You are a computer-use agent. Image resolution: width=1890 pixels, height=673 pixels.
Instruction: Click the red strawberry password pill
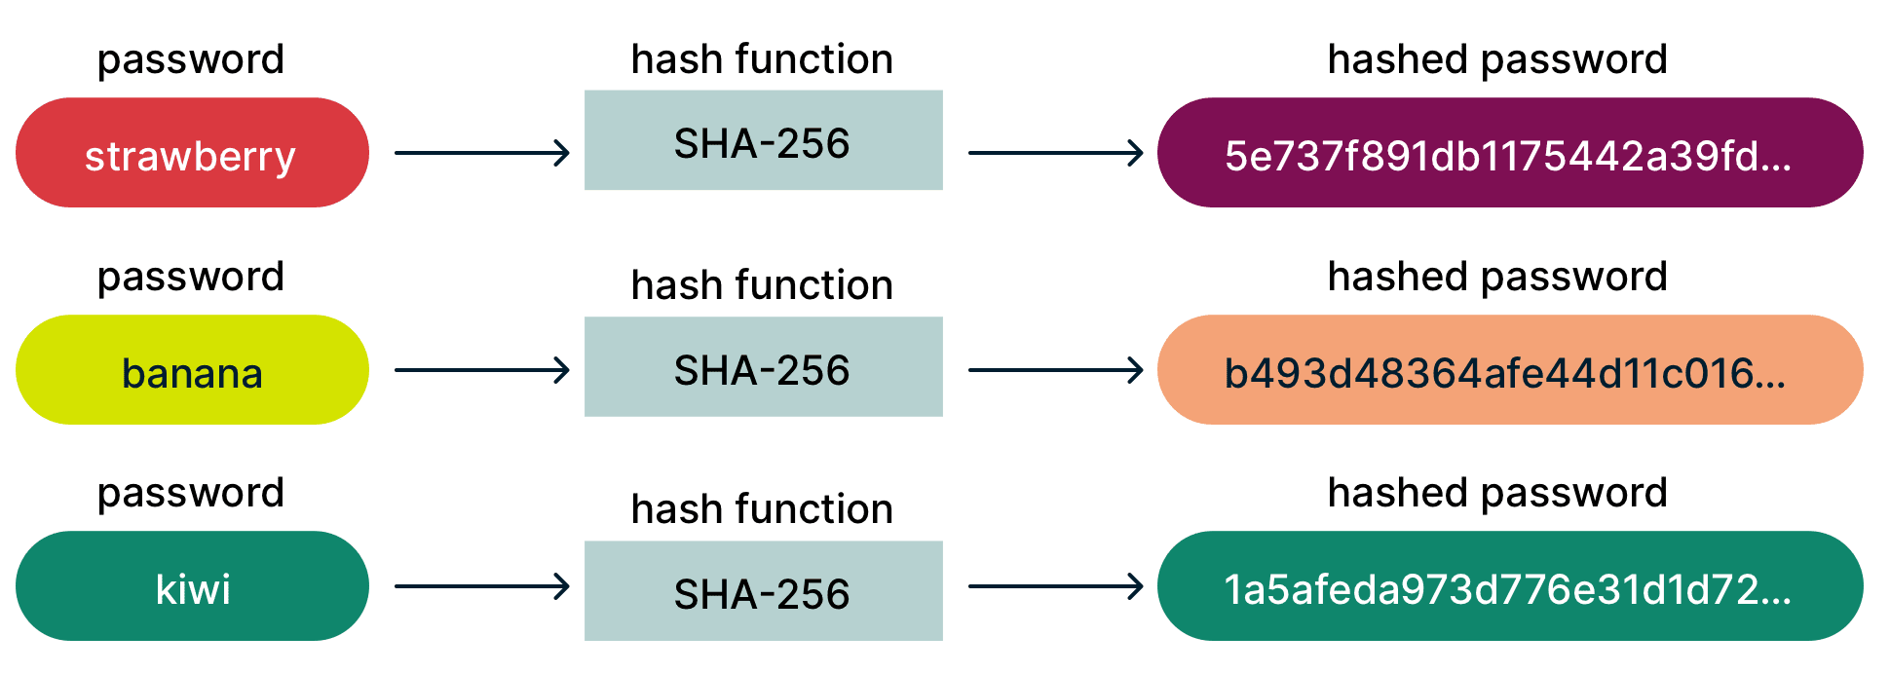tap(192, 153)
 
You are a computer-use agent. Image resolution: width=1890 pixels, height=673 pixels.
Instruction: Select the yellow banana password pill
tap(192, 370)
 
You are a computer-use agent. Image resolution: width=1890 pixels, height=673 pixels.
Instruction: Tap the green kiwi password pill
tap(192, 586)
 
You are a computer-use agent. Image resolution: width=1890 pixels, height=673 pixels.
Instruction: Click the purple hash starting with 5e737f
tap(1509, 153)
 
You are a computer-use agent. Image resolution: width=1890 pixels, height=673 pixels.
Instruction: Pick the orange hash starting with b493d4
tap(1509, 370)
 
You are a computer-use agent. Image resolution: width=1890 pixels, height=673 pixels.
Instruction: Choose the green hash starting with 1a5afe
tap(1509, 586)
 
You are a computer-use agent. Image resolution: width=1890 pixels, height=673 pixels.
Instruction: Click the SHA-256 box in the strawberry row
tap(763, 141)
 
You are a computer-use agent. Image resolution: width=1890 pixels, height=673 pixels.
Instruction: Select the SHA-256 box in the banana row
tap(763, 367)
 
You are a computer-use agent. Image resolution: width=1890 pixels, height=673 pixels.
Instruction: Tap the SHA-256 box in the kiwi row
tap(763, 591)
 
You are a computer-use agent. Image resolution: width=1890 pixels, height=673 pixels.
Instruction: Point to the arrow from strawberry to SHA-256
tap(481, 153)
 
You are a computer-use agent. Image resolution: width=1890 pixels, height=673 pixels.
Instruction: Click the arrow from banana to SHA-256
tap(481, 370)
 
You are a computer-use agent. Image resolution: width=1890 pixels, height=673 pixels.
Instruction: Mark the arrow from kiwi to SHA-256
tap(481, 586)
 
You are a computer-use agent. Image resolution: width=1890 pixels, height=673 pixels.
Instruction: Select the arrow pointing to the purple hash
tap(1055, 153)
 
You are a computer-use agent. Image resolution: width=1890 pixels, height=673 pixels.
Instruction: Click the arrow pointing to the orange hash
tap(1055, 370)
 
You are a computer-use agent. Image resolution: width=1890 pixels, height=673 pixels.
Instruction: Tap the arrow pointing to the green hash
tap(1055, 586)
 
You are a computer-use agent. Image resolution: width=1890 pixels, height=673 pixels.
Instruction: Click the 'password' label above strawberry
tap(191, 60)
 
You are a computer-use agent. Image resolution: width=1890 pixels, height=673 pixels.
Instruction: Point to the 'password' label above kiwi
tap(191, 494)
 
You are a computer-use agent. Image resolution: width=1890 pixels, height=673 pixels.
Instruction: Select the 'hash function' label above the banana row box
tap(762, 285)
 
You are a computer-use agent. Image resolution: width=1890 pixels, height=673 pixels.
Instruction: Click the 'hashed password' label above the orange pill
tap(1497, 278)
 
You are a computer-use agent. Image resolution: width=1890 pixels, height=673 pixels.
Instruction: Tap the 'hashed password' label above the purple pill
tap(1497, 60)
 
